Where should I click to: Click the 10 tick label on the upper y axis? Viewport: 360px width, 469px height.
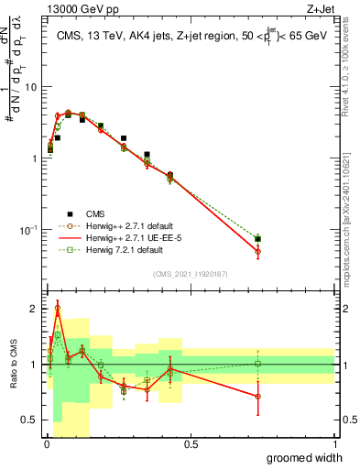click(x=29, y=87)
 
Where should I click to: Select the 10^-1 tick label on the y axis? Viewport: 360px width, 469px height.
click(x=26, y=229)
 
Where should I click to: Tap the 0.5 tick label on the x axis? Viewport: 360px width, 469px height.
click(x=191, y=444)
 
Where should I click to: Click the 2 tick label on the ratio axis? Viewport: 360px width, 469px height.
click(x=32, y=309)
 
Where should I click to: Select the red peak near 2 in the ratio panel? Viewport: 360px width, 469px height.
click(x=57, y=310)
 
